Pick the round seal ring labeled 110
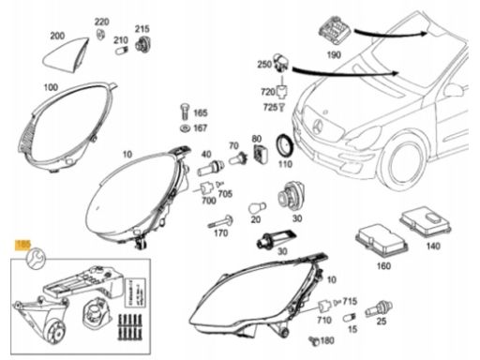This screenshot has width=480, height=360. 280,148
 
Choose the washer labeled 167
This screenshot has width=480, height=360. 184,127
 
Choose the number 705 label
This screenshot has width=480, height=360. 225,193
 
